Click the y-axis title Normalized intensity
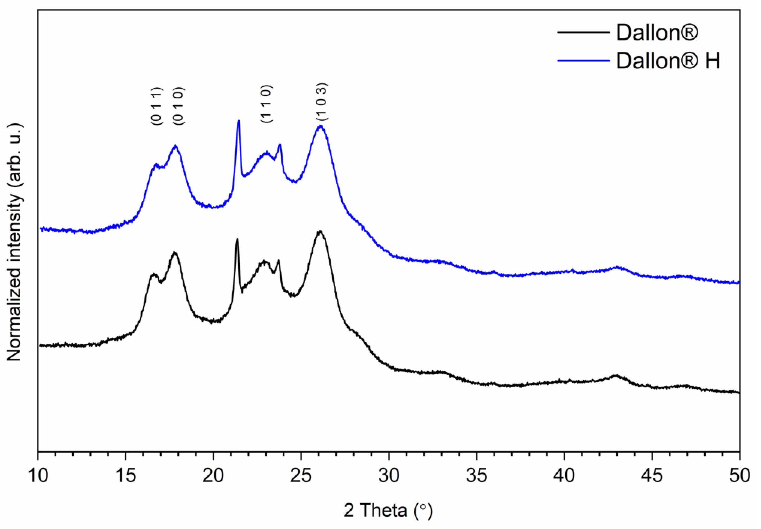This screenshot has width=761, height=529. (x=15, y=242)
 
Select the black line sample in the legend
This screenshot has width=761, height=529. (x=583, y=32)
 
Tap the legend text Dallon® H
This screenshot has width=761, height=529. (x=668, y=61)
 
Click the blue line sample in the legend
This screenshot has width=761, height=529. (x=583, y=61)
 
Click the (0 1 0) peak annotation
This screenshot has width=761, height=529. (x=179, y=106)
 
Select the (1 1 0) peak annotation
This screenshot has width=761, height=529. (x=267, y=104)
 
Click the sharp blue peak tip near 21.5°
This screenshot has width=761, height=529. (x=239, y=121)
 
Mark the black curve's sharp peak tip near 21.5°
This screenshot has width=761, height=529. (x=237, y=239)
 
